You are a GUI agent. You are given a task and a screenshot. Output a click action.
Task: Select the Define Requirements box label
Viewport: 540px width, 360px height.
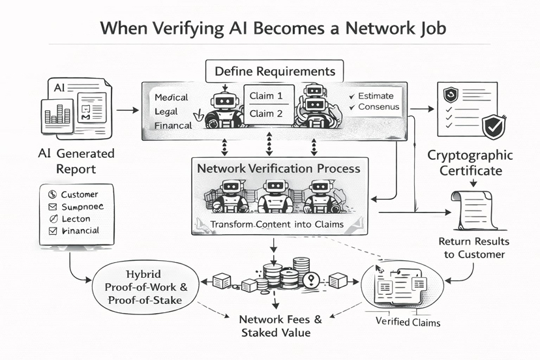click(x=271, y=71)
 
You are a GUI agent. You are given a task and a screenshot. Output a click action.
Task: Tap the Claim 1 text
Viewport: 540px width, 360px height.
click(x=266, y=96)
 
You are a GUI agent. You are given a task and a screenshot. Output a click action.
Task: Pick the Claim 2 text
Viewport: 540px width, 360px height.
click(x=266, y=113)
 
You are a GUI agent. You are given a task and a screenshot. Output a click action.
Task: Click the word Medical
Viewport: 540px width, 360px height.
click(x=172, y=97)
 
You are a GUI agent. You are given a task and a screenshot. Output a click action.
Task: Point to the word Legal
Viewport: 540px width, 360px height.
click(x=166, y=112)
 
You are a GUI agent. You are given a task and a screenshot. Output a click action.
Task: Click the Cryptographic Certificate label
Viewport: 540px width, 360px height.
click(x=470, y=163)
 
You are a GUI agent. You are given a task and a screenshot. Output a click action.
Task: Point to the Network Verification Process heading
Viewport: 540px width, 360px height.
click(x=278, y=168)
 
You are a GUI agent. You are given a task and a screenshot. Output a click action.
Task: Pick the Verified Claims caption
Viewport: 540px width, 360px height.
click(x=408, y=322)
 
